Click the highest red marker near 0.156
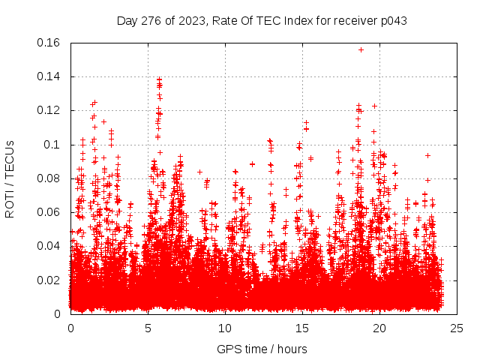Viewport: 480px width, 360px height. [x=361, y=49]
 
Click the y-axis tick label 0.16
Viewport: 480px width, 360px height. [x=49, y=43]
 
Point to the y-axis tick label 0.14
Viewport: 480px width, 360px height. [x=49, y=76]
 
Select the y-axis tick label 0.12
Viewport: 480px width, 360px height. [x=49, y=110]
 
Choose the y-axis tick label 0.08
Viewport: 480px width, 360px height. [x=49, y=178]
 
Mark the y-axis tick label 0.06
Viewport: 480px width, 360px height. [x=49, y=212]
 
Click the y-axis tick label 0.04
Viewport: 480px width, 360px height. [x=49, y=246]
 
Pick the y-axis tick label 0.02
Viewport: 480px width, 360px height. [x=49, y=280]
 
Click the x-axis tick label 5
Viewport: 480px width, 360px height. [x=148, y=328]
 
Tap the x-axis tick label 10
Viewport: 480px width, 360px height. [x=225, y=328]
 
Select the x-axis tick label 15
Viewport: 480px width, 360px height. [x=302, y=328]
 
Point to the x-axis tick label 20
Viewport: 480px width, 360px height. [x=379, y=328]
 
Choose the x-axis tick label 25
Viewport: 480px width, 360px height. [x=456, y=328]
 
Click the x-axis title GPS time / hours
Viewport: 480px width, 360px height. [x=262, y=349]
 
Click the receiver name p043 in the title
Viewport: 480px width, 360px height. [x=392, y=20]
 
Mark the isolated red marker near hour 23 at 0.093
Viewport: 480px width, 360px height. [x=427, y=155]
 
